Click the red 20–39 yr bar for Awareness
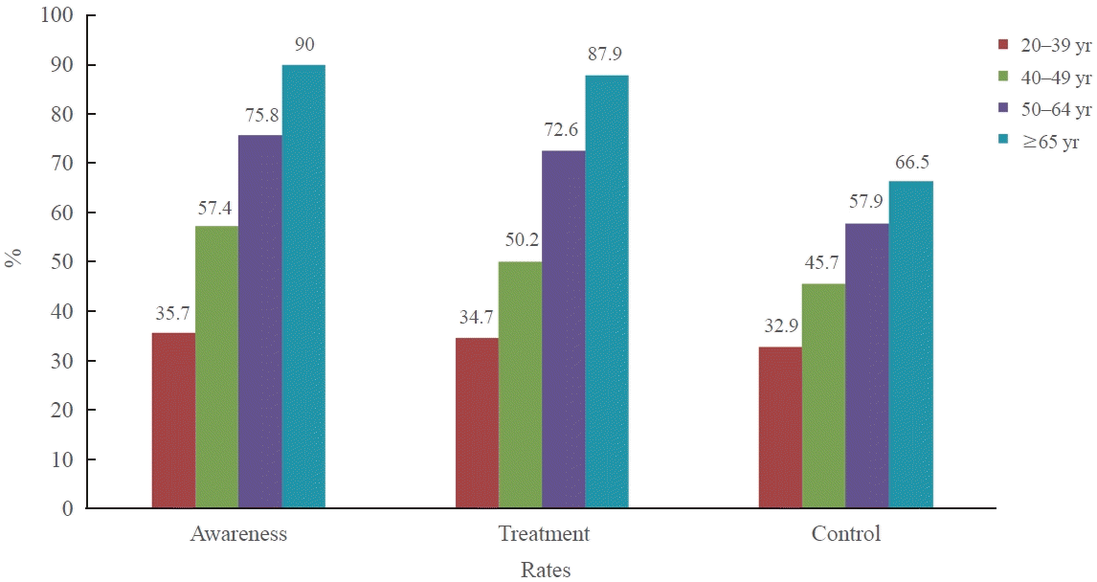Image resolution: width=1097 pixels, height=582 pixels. pos(173,420)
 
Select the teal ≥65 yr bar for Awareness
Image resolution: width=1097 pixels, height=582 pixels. pos(303,286)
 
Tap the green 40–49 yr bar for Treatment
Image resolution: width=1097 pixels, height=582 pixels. pos(520,385)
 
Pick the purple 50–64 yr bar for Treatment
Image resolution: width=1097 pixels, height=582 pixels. pos(563,329)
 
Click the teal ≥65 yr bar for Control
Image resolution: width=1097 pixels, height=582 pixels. pos(910,345)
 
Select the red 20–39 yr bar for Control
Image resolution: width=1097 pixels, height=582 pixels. pos(780,427)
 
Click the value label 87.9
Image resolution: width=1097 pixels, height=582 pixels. pos(607,55)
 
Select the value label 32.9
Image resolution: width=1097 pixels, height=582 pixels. pos(780,326)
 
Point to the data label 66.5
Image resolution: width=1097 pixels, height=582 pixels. pos(911,161)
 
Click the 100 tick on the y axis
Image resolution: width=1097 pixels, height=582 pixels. pos(59,16)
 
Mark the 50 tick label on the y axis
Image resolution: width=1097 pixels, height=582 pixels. pos(63,262)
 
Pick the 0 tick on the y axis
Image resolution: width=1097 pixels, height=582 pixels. pos(68,509)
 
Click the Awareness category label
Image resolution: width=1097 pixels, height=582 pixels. pos(238,534)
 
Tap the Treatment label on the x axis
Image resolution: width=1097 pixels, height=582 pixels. pos(543,534)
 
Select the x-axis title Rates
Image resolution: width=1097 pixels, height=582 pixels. pos(546,571)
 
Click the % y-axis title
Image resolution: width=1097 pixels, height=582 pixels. pos(13,258)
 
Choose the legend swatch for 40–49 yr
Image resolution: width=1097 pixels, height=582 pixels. pos(1004,78)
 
